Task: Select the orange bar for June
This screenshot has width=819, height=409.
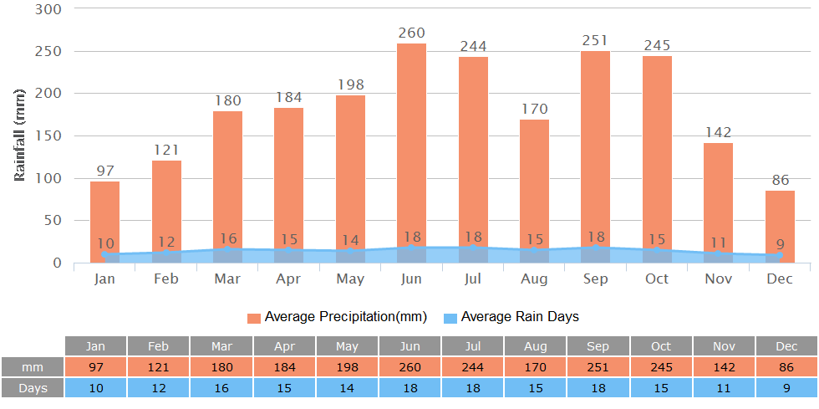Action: [411, 142]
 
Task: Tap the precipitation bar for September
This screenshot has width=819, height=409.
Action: [595, 142]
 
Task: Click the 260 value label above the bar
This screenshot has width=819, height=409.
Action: [411, 33]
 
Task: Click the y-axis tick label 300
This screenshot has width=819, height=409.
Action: [48, 8]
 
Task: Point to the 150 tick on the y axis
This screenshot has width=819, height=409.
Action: [48, 135]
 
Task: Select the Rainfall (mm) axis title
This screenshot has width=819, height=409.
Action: [20, 135]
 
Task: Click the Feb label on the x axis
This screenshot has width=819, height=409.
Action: [166, 279]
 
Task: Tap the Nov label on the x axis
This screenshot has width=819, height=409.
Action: [718, 279]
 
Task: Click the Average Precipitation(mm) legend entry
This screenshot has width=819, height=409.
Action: [337, 317]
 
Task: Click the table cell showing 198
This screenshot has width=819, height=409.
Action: [347, 367]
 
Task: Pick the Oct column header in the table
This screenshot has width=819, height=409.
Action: [661, 346]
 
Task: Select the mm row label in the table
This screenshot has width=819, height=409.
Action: [33, 367]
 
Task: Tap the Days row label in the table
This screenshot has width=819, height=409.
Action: [33, 388]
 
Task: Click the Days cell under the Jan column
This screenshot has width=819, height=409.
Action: [95, 388]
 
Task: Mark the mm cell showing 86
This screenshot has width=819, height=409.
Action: [786, 367]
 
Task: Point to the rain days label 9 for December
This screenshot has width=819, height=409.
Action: [781, 244]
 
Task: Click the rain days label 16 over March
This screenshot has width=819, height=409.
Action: [227, 239]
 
